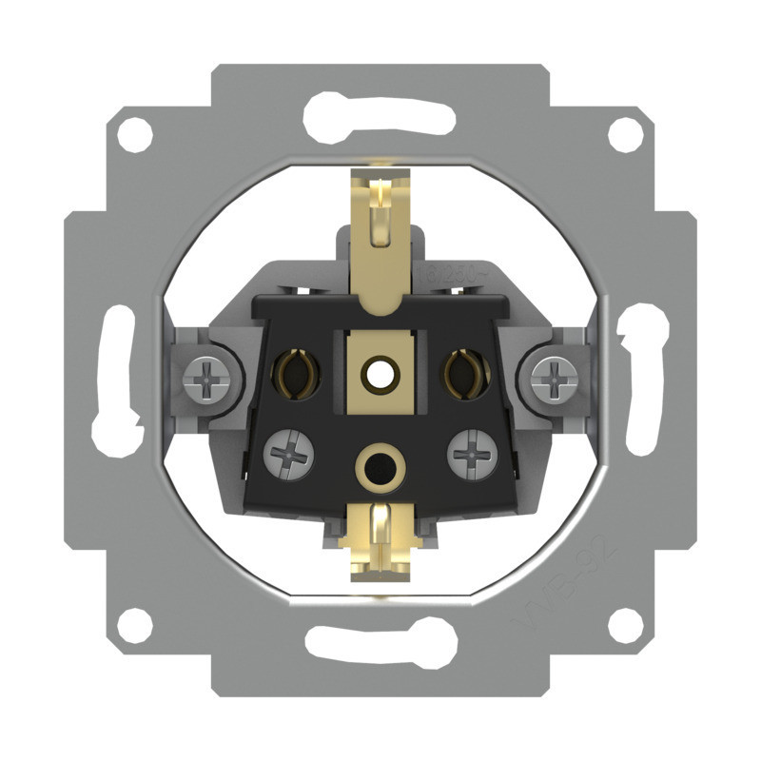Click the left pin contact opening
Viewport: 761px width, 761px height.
[292, 371]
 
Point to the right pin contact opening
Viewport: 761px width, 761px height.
[466, 371]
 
